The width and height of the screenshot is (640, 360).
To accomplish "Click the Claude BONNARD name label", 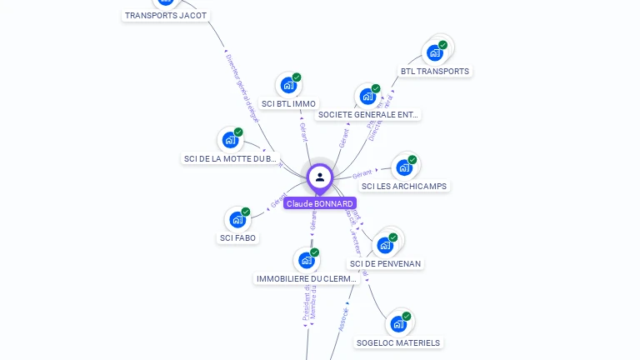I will [320, 203].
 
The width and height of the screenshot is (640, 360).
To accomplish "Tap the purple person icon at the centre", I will [320, 177].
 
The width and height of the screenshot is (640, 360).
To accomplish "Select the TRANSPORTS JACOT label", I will [166, 15].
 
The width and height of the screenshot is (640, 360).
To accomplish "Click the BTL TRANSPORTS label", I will [434, 72].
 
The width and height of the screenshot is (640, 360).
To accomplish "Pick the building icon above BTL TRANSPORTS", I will [435, 52].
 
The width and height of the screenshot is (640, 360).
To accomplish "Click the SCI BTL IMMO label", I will [288, 104].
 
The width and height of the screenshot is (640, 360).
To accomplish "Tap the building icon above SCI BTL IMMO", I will [288, 85].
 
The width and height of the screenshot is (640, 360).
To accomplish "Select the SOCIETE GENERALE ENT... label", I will [369, 115].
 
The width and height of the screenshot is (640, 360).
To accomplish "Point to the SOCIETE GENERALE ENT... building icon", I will [367, 97].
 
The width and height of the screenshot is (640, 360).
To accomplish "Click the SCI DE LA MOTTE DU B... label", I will [230, 158].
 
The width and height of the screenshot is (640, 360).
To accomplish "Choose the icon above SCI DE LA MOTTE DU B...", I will [230, 140].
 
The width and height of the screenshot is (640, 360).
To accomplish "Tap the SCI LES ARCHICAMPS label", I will [404, 186].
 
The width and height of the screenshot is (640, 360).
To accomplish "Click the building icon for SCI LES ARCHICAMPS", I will [404, 167].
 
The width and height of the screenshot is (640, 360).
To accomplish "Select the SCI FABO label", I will [238, 238].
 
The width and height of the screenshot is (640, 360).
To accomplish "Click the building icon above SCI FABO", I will [237, 220].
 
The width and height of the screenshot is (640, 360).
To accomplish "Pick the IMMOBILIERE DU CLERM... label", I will [306, 278].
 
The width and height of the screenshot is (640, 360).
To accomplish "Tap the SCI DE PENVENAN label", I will [386, 263].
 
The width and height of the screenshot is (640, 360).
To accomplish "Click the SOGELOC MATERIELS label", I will [398, 342].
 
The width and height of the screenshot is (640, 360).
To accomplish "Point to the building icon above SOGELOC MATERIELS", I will [398, 324].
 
